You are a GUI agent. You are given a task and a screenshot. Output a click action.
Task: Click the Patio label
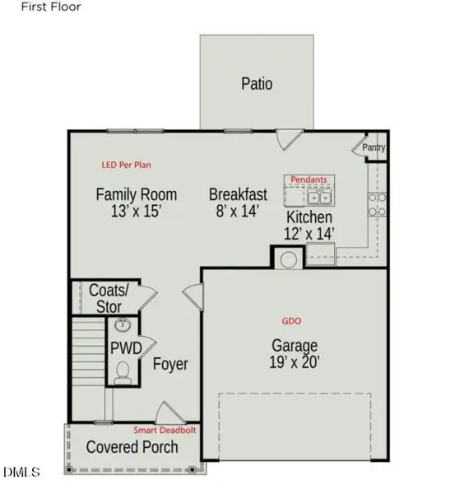click(x=257, y=83)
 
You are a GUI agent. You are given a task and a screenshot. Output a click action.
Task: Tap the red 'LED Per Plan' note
click(x=127, y=165)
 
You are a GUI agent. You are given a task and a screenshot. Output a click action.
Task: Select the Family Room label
click(x=137, y=195)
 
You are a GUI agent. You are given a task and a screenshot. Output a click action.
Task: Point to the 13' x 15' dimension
click(x=137, y=212)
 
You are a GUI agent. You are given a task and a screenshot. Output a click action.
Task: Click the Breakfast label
click(x=238, y=195)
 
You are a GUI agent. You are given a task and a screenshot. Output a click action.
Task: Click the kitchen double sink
click(x=319, y=198)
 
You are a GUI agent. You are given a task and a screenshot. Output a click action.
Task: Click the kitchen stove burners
click(x=378, y=204)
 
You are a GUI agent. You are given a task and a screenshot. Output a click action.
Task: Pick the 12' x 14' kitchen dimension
click(x=309, y=234)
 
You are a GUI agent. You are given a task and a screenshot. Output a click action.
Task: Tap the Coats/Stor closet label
click(x=109, y=299)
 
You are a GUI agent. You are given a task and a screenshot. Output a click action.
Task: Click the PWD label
click(x=126, y=347)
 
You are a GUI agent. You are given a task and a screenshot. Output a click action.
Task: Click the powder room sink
click(x=123, y=325)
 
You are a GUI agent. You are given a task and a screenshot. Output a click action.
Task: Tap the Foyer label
click(x=170, y=364)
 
